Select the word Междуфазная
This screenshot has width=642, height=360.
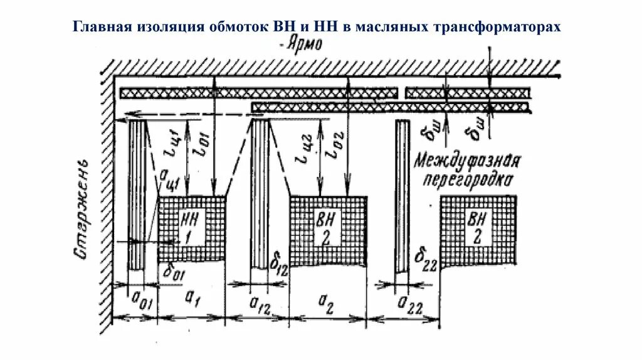(467, 161)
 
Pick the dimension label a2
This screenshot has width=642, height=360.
(327, 301)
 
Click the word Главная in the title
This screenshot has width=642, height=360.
(104, 28)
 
